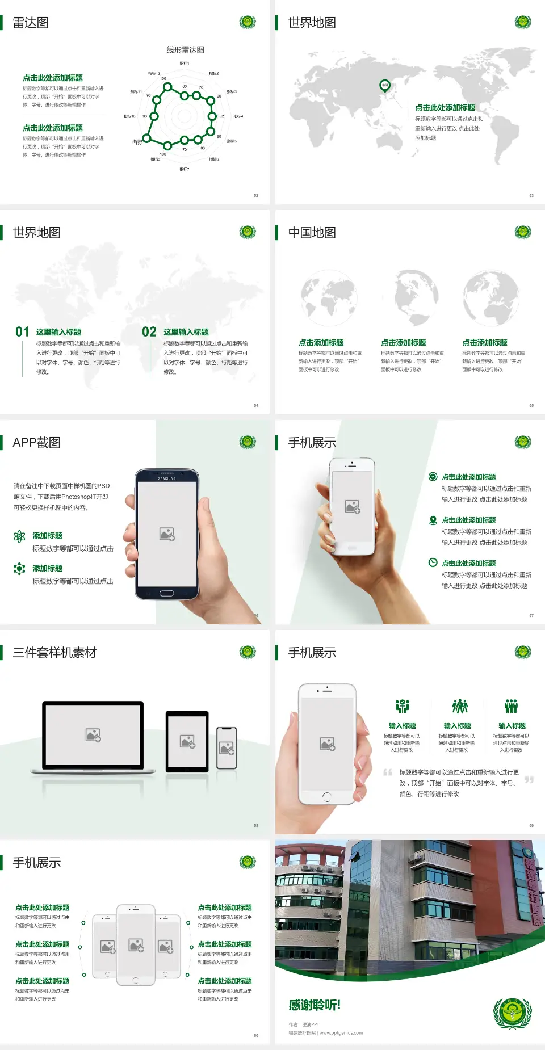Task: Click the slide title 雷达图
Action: pyautogui.click(x=31, y=23)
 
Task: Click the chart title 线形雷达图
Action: pyautogui.click(x=185, y=50)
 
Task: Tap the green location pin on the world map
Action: pyautogui.click(x=385, y=86)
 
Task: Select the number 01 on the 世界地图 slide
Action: pyautogui.click(x=22, y=331)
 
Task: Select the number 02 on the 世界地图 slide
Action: pyautogui.click(x=149, y=331)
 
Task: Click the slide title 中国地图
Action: pyautogui.click(x=312, y=233)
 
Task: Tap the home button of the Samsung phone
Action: pyautogui.click(x=166, y=593)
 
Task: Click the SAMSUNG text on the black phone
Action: pyautogui.click(x=167, y=478)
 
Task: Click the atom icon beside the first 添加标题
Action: pyautogui.click(x=19, y=536)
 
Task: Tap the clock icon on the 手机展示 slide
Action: pyautogui.click(x=433, y=562)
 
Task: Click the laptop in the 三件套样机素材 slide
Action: pyautogui.click(x=93, y=737)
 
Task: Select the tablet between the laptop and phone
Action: pyautogui.click(x=187, y=741)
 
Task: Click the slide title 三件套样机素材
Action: pyautogui.click(x=54, y=653)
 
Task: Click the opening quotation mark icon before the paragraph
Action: pyautogui.click(x=388, y=772)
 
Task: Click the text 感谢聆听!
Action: pyautogui.click(x=315, y=1005)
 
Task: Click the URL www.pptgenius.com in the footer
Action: pyautogui.click(x=341, y=1033)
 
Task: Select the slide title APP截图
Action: pyautogui.click(x=36, y=443)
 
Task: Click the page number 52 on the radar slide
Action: pyautogui.click(x=256, y=195)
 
